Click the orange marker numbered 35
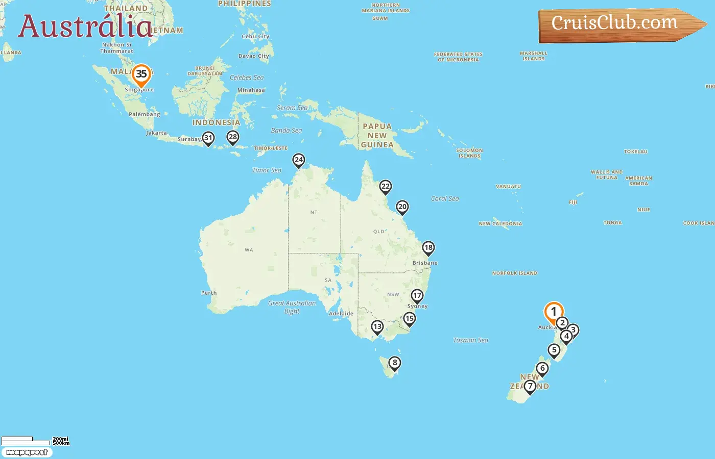141,74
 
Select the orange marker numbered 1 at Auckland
554,312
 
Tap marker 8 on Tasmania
394,363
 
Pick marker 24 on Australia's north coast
299,160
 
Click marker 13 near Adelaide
377,327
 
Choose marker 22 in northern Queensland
386,187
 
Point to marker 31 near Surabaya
208,138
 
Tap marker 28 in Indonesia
233,137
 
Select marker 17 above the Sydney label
417,296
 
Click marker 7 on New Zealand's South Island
530,387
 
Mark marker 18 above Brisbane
428,248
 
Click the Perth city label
209,293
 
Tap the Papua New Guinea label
377,136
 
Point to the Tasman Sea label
470,340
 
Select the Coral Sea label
445,199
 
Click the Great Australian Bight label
292,307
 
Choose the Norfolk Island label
514,273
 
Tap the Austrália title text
85,27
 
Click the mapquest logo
27,452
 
